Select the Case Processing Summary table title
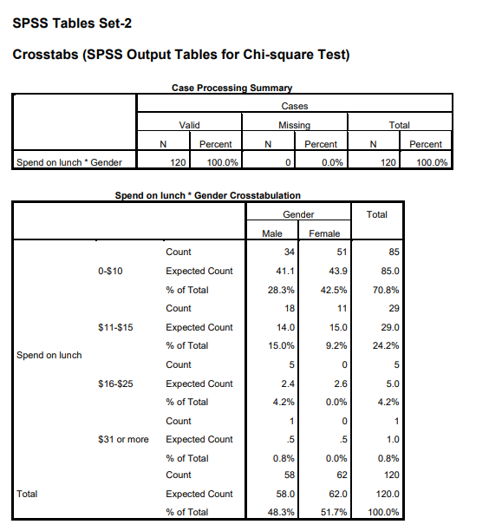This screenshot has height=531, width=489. pyautogui.click(x=231, y=88)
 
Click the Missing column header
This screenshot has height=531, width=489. pyautogui.click(x=294, y=126)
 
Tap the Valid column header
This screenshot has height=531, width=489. pyautogui.click(x=189, y=126)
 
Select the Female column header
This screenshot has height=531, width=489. pyautogui.click(x=324, y=233)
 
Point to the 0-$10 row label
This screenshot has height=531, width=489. pyautogui.click(x=111, y=271)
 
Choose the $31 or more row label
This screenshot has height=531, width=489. pyautogui.click(x=122, y=439)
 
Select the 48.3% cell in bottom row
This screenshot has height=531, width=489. pyautogui.click(x=283, y=512)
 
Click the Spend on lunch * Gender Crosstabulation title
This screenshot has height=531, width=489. pyautogui.click(x=208, y=195)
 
